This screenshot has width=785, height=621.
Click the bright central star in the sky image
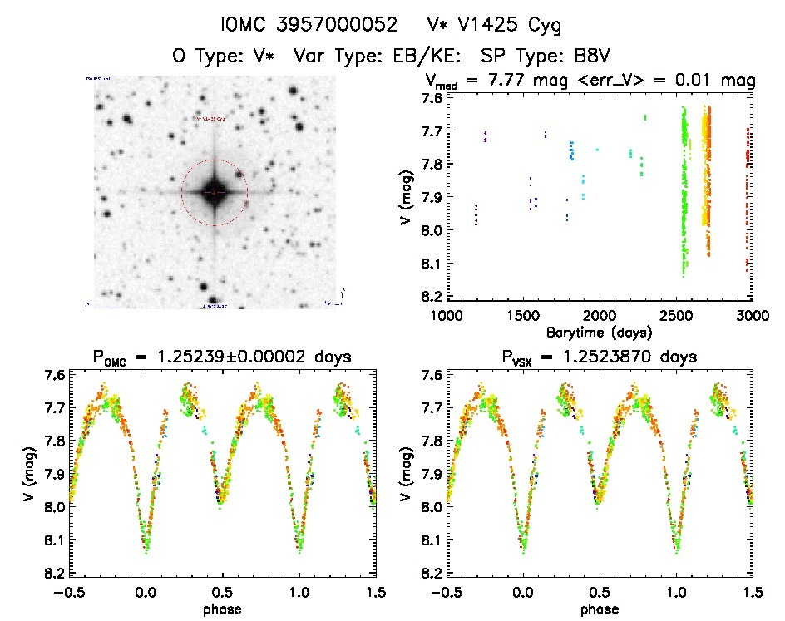(215, 192)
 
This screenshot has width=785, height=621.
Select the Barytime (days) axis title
(600, 332)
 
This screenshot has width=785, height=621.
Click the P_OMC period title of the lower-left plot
(223, 357)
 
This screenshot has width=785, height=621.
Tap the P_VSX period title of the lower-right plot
(600, 357)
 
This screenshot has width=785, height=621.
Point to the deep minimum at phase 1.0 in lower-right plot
(675, 549)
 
